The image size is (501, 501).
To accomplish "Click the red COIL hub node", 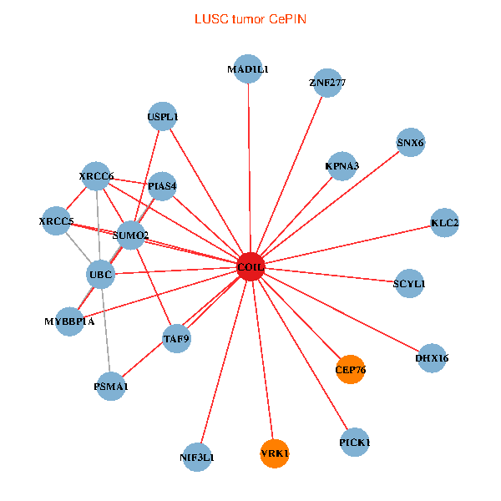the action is point(250,266).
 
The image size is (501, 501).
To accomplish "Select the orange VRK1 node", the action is point(275,453).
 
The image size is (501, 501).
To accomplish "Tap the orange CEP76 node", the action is point(350,369).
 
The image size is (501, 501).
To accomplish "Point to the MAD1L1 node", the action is point(248,69).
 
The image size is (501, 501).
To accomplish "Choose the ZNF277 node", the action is point(327,83).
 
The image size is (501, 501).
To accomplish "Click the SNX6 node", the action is point(411,143).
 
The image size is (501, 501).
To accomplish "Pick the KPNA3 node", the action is point(342,166).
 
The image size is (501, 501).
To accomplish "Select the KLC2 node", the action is point(444,223).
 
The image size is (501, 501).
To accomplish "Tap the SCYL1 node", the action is point(409,283).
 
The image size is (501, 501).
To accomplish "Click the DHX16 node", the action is point(432,358).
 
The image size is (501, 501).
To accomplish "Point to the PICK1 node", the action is point(355,443).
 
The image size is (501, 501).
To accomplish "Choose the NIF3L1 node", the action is point(197,458).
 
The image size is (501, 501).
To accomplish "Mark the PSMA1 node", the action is point(111,387).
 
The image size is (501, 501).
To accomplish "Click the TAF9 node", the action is point(177,338).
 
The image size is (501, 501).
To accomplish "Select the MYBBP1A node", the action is point(69,321).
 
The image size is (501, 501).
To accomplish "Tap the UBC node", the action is point(101,275).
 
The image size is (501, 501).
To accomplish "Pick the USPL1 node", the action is point(163,117).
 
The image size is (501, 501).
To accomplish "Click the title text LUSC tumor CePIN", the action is point(250,19).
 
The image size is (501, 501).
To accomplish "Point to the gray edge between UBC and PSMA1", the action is point(106,331).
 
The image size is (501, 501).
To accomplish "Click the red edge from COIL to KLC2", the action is point(347,245).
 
